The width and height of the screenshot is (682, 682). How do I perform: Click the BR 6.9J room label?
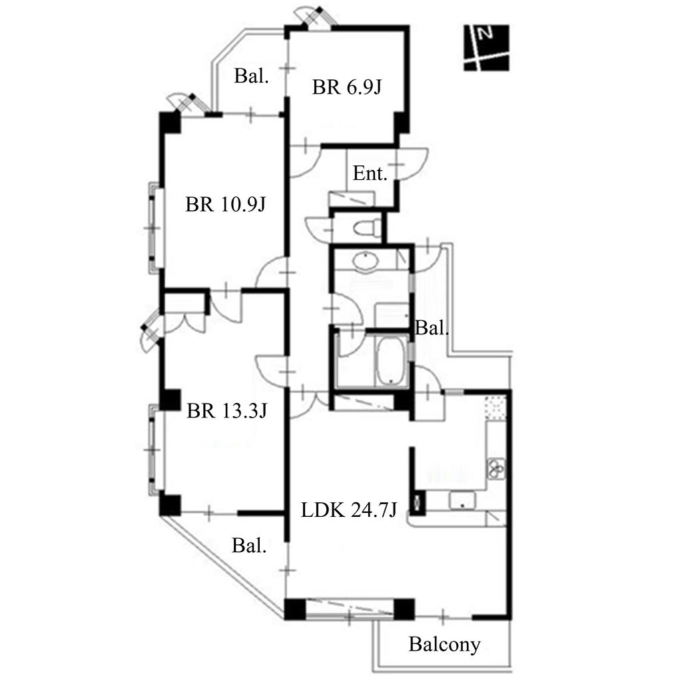[346, 87]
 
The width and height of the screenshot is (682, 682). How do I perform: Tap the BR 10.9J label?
[225, 204]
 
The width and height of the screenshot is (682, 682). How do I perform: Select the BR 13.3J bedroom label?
[226, 410]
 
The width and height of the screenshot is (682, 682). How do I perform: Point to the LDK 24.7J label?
[349, 510]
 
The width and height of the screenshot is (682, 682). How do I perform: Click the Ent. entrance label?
[370, 173]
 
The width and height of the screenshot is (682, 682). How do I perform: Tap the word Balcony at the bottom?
[444, 645]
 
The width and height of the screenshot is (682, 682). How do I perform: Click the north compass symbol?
[486, 48]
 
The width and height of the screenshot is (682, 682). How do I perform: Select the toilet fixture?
[367, 228]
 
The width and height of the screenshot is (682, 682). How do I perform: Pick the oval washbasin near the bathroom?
[366, 261]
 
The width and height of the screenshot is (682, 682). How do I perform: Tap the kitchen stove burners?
[496, 468]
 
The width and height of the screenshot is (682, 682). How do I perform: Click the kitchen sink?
[463, 500]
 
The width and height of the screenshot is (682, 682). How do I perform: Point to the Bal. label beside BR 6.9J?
[251, 76]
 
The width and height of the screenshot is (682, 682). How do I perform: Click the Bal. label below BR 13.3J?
[249, 545]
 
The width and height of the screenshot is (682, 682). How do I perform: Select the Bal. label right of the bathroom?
[432, 328]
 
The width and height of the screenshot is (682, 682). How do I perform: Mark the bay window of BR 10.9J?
[155, 228]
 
